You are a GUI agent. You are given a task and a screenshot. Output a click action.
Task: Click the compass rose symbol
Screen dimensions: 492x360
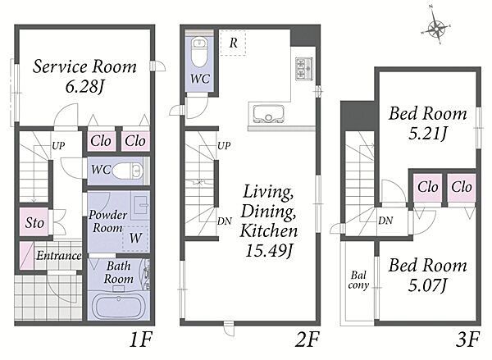pos(436,28)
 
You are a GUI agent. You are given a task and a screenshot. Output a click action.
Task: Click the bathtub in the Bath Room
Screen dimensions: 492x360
pos(118,306)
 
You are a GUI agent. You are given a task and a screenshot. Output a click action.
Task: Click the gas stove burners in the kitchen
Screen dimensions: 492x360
pos(304,69)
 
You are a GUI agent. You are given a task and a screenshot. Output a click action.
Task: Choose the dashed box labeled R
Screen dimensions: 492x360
pos(233,43)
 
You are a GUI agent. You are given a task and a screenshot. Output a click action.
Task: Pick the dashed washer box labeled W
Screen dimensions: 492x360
pos(135,238)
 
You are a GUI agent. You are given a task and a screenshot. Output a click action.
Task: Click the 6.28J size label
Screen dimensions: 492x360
pos(84,87)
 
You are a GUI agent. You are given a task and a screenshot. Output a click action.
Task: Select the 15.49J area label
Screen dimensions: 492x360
pos(269,251)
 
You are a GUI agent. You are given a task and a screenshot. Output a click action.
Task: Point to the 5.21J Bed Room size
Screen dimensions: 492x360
pos(428,134)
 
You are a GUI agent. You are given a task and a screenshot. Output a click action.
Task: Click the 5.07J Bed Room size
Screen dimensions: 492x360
pos(427,285)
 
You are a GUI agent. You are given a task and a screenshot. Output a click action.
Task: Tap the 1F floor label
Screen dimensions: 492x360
pos(141,340)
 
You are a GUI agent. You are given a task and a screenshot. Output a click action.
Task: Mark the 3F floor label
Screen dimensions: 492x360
pos(468,340)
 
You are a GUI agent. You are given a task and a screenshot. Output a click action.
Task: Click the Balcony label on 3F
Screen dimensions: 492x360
pos(358,280)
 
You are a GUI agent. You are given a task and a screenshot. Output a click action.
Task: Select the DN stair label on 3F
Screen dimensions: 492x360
pos(385,221)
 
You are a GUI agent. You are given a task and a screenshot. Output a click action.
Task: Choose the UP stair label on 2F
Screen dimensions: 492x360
pos(224,145)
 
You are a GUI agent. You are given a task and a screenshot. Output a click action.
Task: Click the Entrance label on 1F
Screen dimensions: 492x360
pos(59,256)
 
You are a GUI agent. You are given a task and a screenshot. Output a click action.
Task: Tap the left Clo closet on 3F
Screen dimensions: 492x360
pos(427,187)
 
